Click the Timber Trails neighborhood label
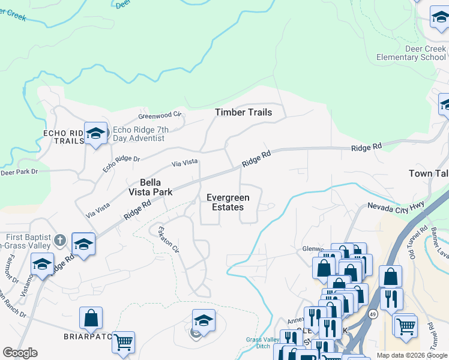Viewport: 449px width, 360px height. tap(243, 112)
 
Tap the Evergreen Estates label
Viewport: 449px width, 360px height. tap(228, 202)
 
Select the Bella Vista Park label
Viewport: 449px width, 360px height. tap(150, 187)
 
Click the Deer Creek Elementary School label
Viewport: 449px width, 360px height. tap(411, 53)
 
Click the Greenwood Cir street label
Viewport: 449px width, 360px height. tap(159, 115)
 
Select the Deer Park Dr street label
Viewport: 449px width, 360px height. tap(19, 172)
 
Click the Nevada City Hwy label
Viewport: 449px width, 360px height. tap(396, 206)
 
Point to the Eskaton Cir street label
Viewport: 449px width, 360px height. tap(167, 239)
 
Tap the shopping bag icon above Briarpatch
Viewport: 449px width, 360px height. tap(91, 319)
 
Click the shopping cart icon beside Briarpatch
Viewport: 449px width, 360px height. tap(123, 342)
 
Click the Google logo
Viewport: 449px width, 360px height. tap(20, 353)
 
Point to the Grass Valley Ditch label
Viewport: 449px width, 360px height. tap(262, 343)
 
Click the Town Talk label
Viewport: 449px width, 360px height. tap(429, 173)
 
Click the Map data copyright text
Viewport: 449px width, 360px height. tap(412, 355)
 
